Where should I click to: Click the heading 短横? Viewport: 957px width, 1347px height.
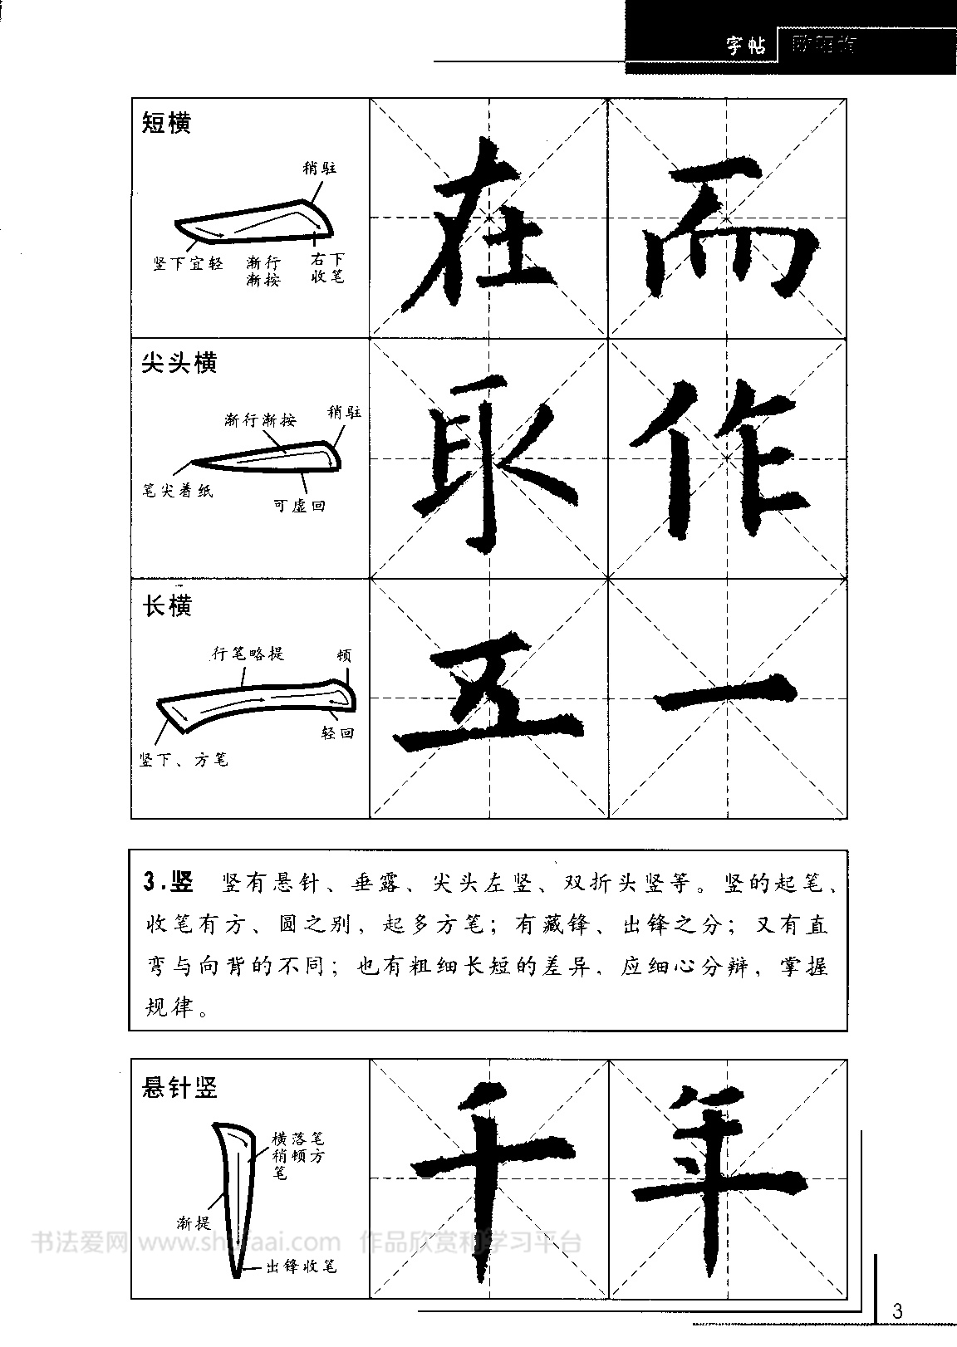167,123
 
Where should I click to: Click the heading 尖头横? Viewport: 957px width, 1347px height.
179,363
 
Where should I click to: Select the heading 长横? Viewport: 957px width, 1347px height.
167,606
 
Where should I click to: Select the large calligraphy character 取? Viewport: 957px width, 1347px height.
488,461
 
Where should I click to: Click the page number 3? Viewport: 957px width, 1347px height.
896,1311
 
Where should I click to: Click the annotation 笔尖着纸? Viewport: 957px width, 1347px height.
176,491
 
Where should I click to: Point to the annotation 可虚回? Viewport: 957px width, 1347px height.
299,505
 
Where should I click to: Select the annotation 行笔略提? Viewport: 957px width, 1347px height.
248,654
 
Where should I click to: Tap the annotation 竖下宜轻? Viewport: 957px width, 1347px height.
188,264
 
